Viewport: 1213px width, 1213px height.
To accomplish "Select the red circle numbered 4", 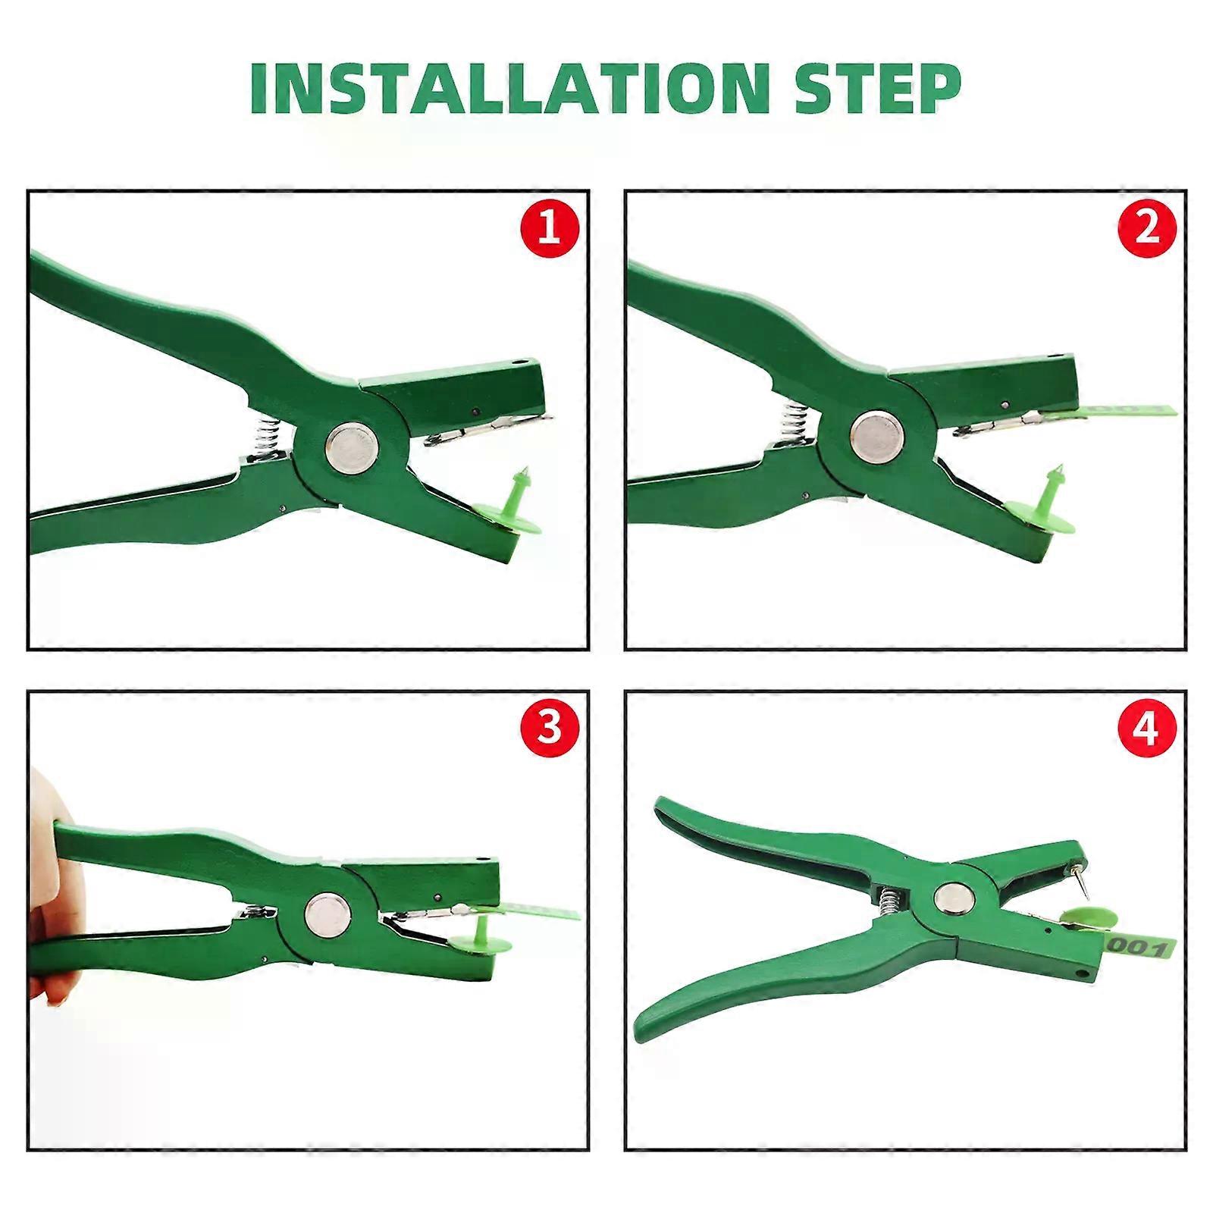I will [1148, 730].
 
